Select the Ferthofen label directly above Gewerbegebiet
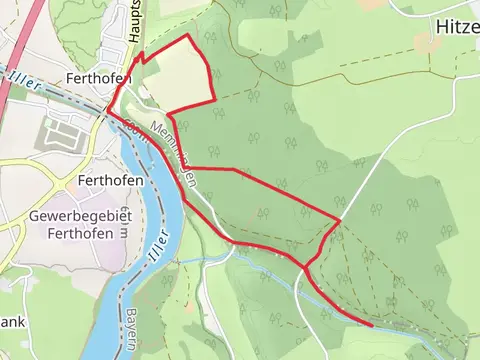pos(110,181)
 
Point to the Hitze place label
pos(459,27)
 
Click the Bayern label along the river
pos(132,331)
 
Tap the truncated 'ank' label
pos(12,322)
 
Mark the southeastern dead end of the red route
pos(372,325)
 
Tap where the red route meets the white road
pos(340,219)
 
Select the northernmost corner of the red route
pos(190,36)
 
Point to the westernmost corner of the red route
pos(107,111)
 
